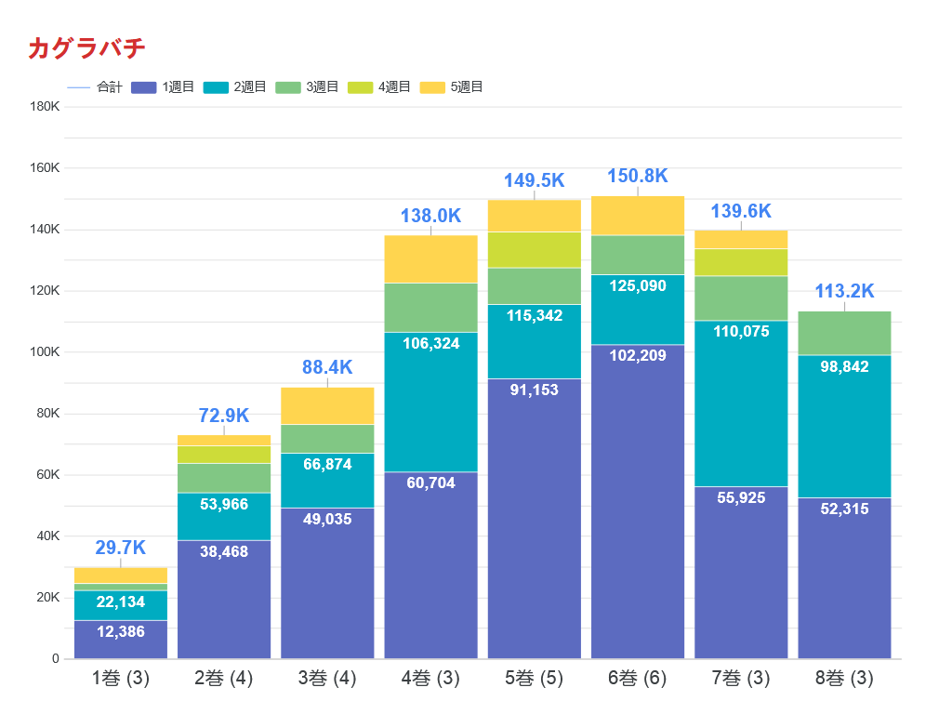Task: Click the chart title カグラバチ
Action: [x=86, y=48]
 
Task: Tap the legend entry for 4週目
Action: [x=379, y=87]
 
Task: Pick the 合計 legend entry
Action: [x=95, y=87]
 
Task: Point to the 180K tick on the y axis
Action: [x=45, y=107]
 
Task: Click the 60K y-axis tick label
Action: [x=47, y=475]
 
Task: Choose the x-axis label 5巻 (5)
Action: [x=534, y=679]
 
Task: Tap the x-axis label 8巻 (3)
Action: [x=844, y=679]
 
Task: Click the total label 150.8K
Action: [x=638, y=177]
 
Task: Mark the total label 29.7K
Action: [x=121, y=549]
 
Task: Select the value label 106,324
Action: [x=430, y=344]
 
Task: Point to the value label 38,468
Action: [x=224, y=551]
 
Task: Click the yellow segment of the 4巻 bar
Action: [x=430, y=258]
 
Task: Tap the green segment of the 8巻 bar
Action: [x=844, y=333]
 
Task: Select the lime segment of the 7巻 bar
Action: [x=741, y=262]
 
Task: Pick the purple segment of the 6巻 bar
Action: [x=638, y=502]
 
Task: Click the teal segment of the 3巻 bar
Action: [x=327, y=480]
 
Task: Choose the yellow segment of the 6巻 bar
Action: [x=638, y=216]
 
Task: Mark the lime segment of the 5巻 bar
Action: [x=534, y=249]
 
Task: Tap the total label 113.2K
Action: [x=844, y=292]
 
